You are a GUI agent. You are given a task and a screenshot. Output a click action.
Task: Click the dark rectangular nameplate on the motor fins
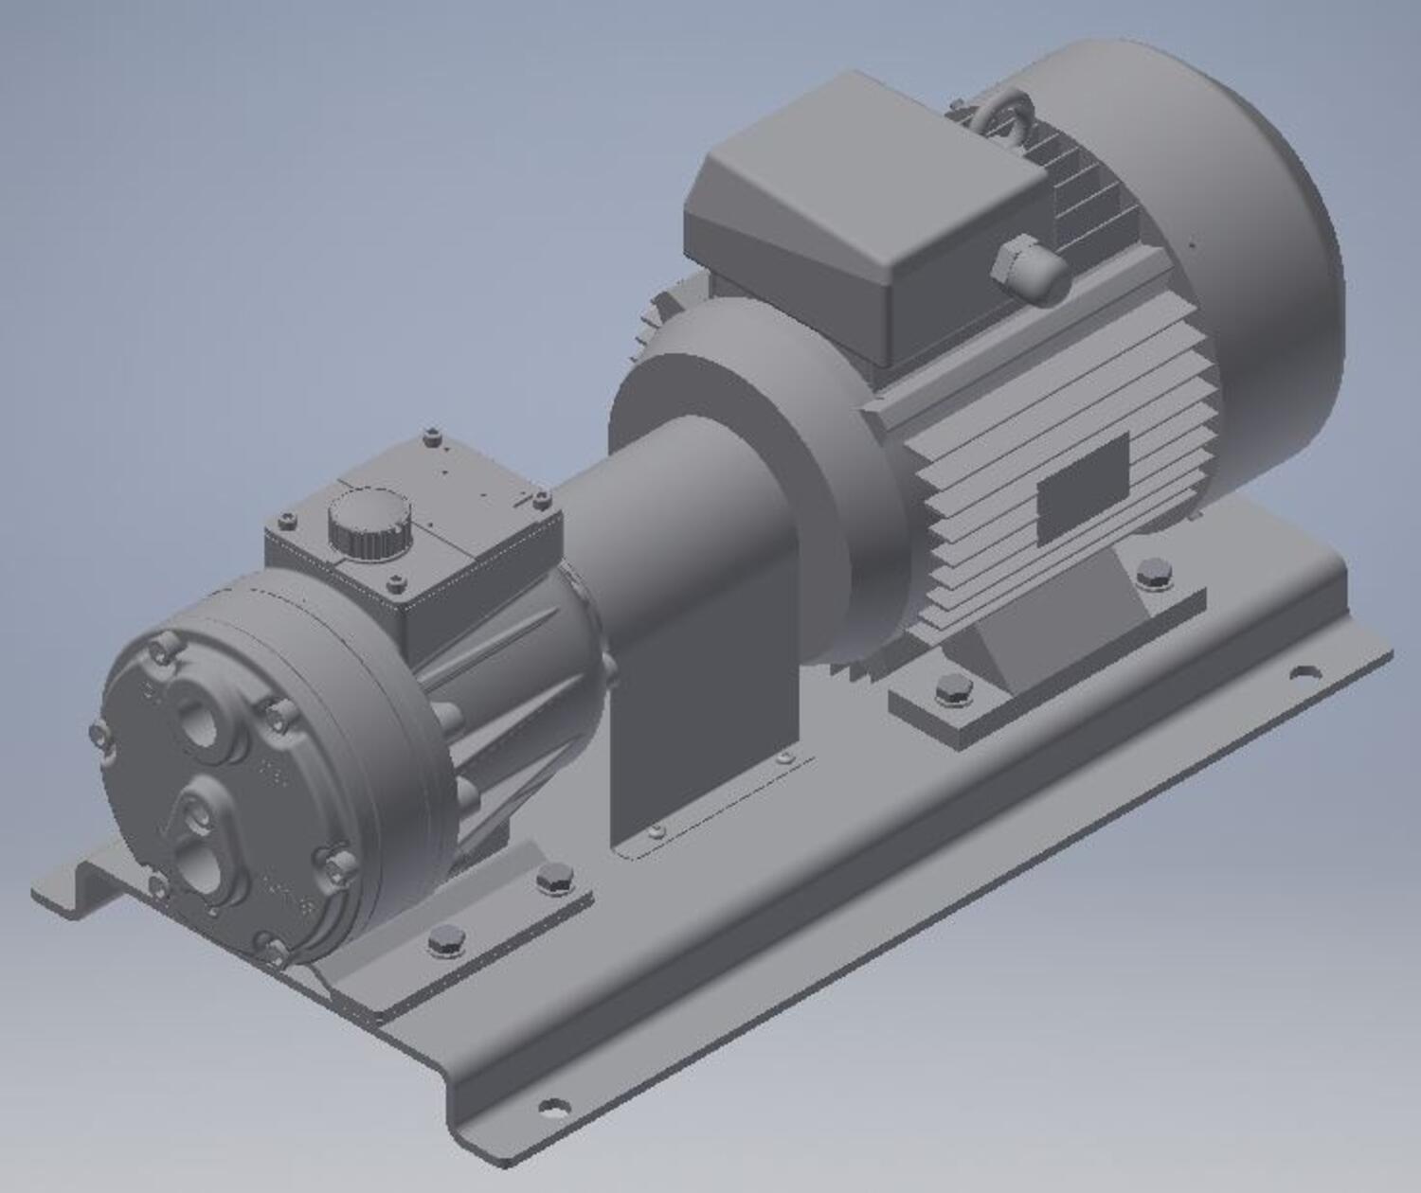point(1083,490)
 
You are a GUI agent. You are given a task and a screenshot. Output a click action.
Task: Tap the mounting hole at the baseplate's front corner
point(553,1105)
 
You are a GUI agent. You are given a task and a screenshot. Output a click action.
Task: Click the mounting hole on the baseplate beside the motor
point(1305,674)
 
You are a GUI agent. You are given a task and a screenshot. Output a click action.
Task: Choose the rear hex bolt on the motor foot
point(1154,574)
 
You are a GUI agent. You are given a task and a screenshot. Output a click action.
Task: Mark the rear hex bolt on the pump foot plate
point(554,881)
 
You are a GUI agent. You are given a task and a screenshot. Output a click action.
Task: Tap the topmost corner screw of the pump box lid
point(432,436)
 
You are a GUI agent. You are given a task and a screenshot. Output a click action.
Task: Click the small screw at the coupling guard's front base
point(657,831)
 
